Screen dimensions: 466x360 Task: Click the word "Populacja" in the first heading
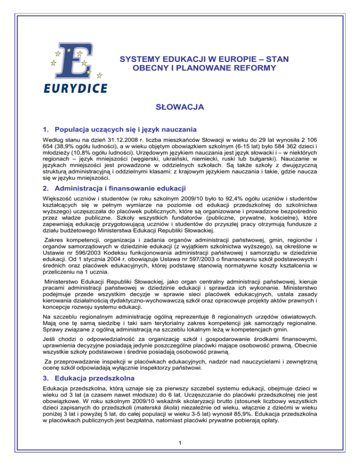click(x=73, y=130)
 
